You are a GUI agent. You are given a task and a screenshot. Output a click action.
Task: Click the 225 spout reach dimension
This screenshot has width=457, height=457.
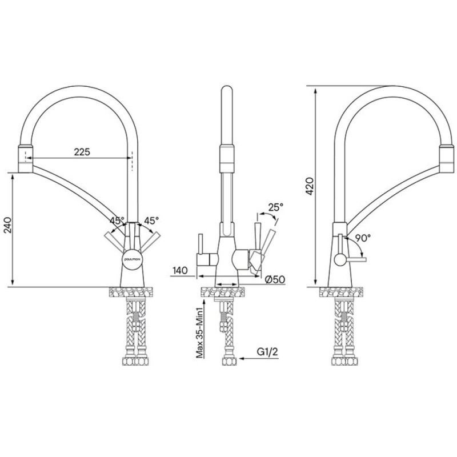pyautogui.click(x=82, y=152)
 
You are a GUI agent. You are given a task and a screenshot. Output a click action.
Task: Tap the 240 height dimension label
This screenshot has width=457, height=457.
pyautogui.click(x=7, y=225)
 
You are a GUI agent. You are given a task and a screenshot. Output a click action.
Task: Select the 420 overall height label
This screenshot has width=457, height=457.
pyautogui.click(x=310, y=186)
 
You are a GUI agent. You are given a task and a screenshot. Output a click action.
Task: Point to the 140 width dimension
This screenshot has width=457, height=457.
pyautogui.click(x=180, y=270)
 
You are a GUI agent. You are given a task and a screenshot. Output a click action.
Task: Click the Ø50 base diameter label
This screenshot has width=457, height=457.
pyautogui.click(x=275, y=279)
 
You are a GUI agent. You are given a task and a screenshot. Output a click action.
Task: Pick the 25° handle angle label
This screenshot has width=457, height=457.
pyautogui.click(x=276, y=207)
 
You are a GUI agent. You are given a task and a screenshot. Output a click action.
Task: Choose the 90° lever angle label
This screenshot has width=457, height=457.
pyautogui.click(x=363, y=238)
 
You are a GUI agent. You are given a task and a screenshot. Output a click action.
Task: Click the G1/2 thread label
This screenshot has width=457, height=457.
pyautogui.click(x=267, y=352)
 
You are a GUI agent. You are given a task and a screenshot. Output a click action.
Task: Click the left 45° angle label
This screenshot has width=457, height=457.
pyautogui.click(x=117, y=221)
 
